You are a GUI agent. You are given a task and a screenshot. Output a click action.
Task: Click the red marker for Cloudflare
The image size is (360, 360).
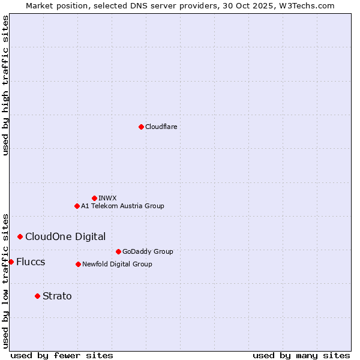(141, 127)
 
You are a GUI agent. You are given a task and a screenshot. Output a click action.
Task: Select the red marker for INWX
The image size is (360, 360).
(94, 198)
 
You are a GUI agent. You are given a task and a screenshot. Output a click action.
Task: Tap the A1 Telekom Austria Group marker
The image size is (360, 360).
(77, 206)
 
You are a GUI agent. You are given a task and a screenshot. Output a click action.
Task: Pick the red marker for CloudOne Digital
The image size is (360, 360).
(20, 236)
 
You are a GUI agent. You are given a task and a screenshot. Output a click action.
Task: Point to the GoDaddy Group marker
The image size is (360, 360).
(118, 251)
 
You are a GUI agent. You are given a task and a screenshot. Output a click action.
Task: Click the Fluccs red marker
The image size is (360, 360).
(11, 262)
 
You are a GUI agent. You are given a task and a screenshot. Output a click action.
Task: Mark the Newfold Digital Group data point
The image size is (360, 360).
(78, 264)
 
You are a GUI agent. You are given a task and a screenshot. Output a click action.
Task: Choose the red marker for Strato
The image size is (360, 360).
(37, 296)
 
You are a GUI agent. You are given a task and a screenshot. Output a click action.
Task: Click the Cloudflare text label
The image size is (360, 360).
(161, 127)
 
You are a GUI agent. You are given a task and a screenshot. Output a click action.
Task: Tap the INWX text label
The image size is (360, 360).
(107, 198)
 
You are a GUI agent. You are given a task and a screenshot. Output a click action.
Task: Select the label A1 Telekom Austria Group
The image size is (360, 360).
(122, 206)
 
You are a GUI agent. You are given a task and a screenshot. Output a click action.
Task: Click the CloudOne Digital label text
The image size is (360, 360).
(65, 236)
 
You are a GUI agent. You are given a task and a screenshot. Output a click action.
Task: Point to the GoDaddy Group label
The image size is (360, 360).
(148, 251)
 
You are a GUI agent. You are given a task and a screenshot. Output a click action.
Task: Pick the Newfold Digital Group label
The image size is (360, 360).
(117, 264)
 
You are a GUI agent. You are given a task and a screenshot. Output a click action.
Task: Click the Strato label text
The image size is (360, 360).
(57, 296)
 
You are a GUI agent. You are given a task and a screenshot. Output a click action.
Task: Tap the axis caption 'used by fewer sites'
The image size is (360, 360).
(62, 355)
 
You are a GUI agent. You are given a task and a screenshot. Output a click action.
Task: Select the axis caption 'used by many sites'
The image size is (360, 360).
(301, 355)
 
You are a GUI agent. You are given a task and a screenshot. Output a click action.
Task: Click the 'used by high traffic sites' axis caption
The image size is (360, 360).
(5, 85)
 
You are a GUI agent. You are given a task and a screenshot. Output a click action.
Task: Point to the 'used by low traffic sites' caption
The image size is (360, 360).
(5, 281)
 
